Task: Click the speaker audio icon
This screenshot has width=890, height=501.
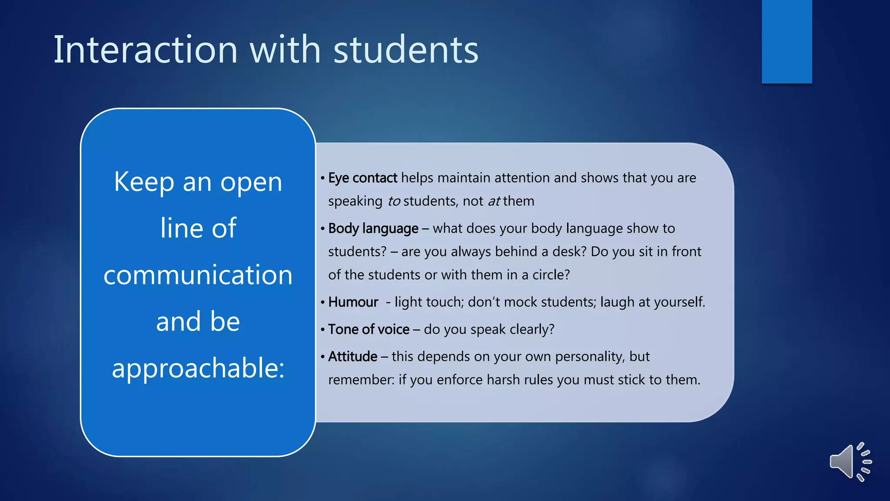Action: (x=850, y=462)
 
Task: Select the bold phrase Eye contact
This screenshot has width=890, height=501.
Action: (x=362, y=178)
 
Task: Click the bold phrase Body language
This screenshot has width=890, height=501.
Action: (x=373, y=228)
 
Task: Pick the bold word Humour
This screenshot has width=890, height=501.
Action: (x=353, y=302)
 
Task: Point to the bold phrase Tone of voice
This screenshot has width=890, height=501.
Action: (x=369, y=329)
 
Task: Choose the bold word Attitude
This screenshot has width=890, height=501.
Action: (x=352, y=357)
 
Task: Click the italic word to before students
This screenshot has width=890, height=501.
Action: (x=394, y=201)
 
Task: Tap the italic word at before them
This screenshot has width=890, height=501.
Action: (x=494, y=201)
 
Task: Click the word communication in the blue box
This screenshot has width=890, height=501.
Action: (x=198, y=275)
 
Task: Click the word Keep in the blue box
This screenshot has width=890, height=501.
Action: (x=144, y=182)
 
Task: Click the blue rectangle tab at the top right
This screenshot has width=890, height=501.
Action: (x=787, y=41)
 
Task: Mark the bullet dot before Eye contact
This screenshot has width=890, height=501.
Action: (x=322, y=178)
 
